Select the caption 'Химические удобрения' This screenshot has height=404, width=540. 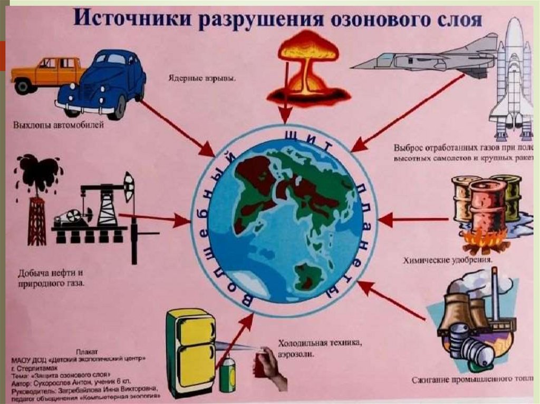coord(447,260)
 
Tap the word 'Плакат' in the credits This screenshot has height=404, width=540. coord(79,349)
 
